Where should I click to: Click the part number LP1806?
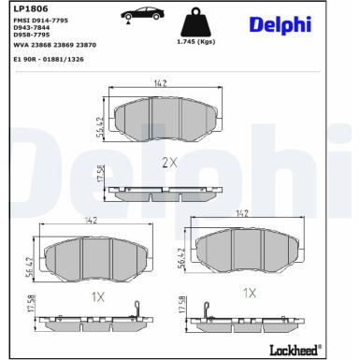tap(26, 8)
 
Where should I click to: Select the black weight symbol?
tap(196, 22)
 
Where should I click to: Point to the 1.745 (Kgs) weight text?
tap(196, 42)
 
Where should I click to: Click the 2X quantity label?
tap(169, 162)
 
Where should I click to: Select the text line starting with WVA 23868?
tap(54, 44)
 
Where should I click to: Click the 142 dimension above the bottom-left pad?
tap(90, 221)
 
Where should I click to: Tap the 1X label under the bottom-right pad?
tap(249, 293)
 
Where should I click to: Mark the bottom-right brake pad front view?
tap(247, 248)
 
